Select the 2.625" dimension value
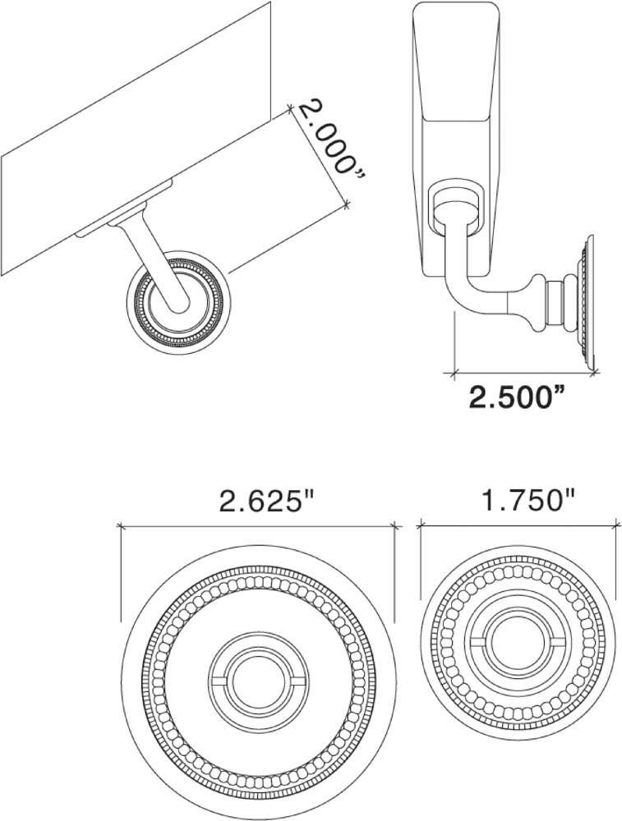(268, 500)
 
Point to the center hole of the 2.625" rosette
(259, 678)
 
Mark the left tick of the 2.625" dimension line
(122, 525)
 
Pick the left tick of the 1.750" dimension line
(421, 522)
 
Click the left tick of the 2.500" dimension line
(454, 374)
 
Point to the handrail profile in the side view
(457, 107)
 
